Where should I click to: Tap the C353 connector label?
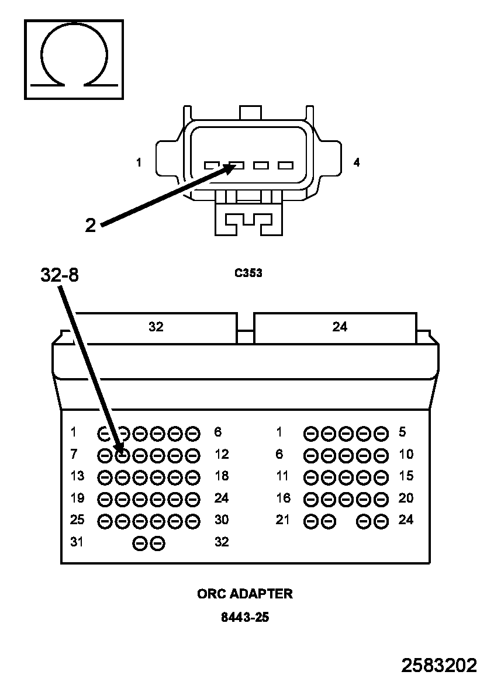pos(248,273)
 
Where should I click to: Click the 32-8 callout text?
pos(60,275)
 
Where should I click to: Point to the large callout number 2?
pos(90,226)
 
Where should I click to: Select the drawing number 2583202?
pos(439,666)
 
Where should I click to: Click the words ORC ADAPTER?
pos(245,594)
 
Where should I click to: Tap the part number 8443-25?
pos(245,617)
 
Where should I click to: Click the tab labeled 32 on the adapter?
pos(156,328)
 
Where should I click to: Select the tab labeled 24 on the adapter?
pos(335,328)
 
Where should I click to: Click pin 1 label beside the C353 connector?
pos(139,162)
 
